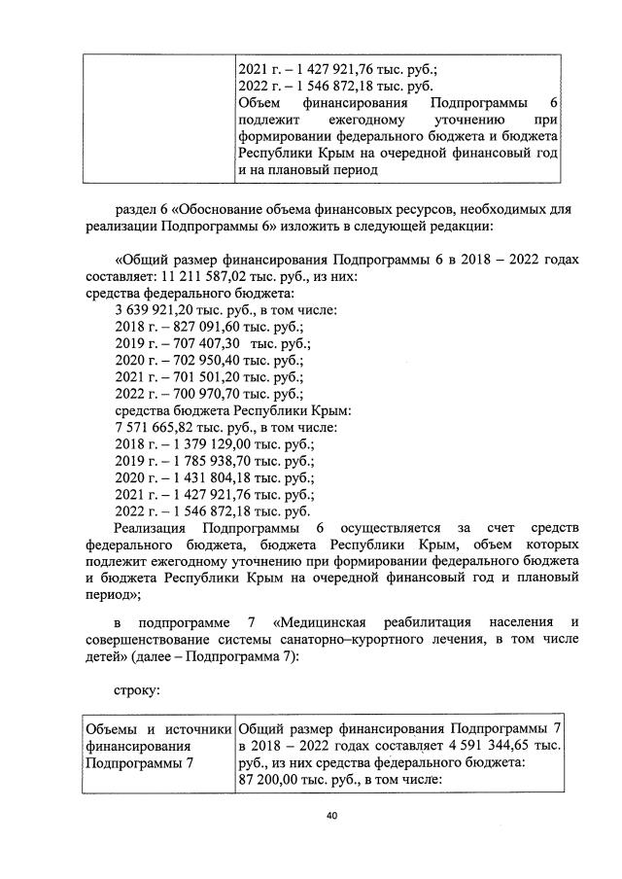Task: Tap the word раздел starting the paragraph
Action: tap(137, 208)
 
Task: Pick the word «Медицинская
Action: tap(326, 620)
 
